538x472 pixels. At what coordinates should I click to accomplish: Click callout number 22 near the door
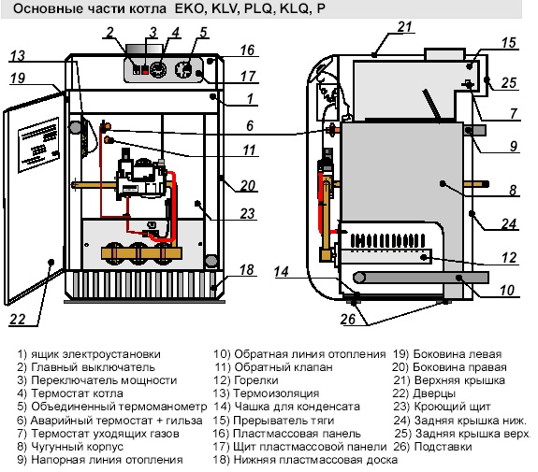pos(17,321)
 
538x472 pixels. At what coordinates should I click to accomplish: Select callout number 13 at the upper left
pos(18,55)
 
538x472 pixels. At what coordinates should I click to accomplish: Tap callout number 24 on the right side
pos(508,223)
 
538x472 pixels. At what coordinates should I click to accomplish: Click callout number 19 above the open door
pos(18,78)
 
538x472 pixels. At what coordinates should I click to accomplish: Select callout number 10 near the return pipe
pos(507,292)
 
